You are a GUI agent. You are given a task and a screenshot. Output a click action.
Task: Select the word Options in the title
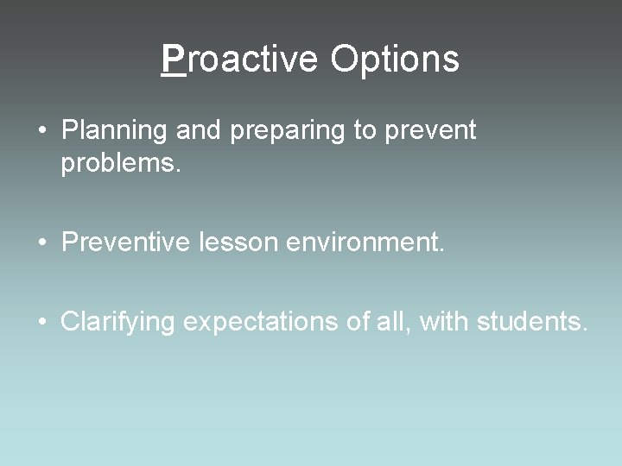[x=394, y=60]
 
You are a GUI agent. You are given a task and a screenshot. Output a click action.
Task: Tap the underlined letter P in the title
[x=174, y=60]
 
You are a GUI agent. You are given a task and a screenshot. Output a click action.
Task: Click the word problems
[x=121, y=165]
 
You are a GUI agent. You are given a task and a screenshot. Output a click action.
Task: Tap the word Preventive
[x=127, y=243]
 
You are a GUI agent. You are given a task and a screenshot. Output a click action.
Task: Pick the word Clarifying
[x=118, y=324]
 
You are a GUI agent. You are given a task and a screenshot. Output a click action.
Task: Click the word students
[x=534, y=323]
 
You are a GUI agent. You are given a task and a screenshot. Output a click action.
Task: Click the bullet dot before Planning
[x=41, y=132]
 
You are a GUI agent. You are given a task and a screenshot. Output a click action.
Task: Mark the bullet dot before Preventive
[x=41, y=244]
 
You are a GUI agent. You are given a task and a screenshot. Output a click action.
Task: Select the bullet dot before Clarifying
[x=41, y=324]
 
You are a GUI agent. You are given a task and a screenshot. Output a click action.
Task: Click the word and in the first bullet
[x=197, y=131]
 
